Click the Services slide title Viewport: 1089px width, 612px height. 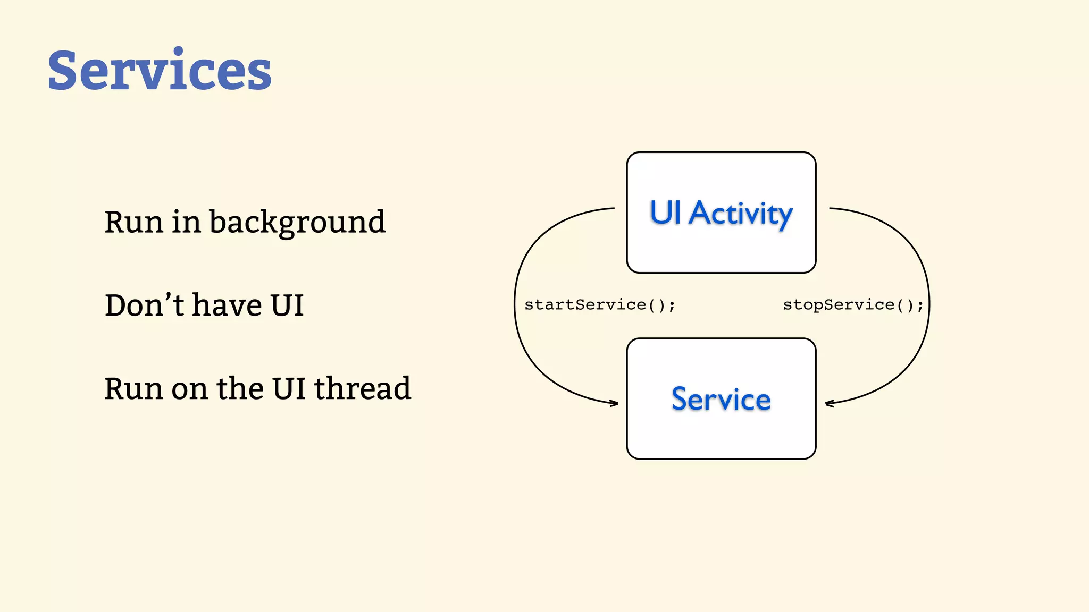point(160,71)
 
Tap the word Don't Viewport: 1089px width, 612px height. point(144,305)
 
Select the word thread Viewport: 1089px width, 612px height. point(362,388)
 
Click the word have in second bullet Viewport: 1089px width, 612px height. point(227,305)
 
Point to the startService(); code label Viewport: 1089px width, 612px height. point(600,305)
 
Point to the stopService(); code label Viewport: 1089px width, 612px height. point(853,305)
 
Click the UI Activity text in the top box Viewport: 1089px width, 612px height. point(721,214)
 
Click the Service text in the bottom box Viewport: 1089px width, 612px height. point(721,399)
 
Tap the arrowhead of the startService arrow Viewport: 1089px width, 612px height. point(616,403)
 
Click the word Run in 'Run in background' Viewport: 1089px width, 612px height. point(133,222)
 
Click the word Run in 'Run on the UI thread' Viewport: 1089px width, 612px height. point(133,388)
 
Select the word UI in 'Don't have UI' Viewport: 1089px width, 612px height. point(287,305)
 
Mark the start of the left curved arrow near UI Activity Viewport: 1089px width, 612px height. point(613,208)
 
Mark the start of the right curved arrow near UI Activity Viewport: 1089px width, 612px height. point(831,208)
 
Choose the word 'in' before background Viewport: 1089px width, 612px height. point(186,222)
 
